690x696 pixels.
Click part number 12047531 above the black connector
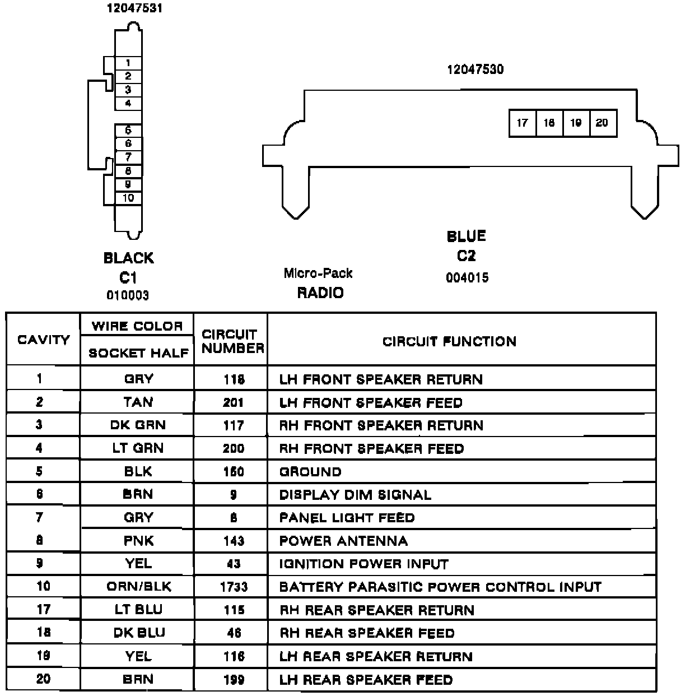135,9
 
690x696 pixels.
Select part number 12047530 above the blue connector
475,69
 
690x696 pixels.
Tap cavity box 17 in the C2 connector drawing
523,123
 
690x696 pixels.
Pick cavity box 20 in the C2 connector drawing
603,123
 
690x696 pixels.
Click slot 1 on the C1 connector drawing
128,63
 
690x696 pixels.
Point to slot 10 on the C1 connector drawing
128,198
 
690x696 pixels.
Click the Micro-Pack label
318,273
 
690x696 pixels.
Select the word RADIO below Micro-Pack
320,293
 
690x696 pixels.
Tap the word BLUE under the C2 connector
466,236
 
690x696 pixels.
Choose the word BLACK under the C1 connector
128,258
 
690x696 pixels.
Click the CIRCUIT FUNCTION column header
449,341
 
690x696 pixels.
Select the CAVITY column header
43,340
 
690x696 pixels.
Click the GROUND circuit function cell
310,472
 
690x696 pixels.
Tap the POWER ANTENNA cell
343,541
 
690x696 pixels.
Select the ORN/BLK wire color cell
138,587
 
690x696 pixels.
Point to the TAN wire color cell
138,402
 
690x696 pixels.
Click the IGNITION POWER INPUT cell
364,564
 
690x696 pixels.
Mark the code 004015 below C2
467,278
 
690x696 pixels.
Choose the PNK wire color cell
138,541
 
